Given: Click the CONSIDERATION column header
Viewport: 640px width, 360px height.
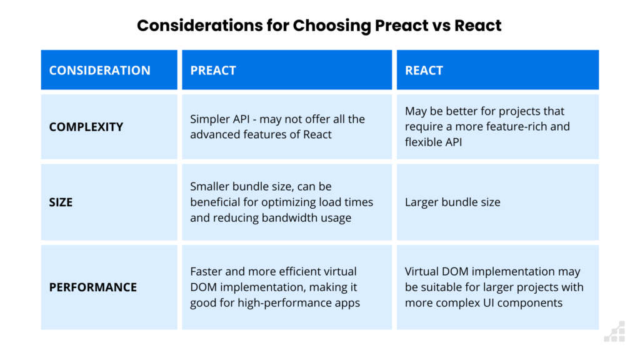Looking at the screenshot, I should pos(99,70).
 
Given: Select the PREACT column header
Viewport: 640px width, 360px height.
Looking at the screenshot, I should pos(213,70).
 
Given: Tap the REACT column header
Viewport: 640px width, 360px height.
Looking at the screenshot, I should pos(424,70).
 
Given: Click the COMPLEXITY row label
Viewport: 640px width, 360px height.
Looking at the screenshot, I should pos(86,127).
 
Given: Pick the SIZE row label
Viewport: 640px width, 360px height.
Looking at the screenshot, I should pos(61,202).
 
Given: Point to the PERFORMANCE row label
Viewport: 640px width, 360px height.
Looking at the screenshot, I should pos(92,287).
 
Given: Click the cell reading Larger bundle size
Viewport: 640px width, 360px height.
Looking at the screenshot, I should pos(452,202).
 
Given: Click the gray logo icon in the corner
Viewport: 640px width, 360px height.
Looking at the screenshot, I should pos(614,331).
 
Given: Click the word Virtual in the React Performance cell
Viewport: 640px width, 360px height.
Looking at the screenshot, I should pos(424,272).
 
